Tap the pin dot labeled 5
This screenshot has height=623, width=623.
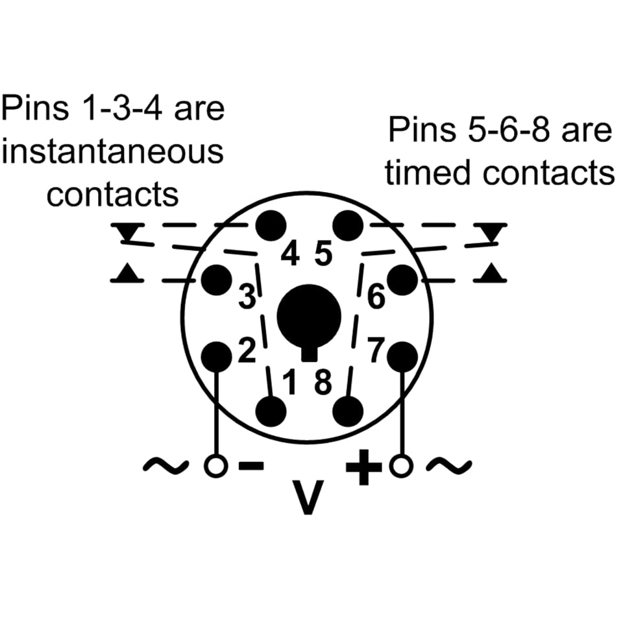(x=348, y=225)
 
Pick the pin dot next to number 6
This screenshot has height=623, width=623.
(x=404, y=280)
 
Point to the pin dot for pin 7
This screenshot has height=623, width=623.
(x=404, y=356)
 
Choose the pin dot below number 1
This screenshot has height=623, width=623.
(x=272, y=410)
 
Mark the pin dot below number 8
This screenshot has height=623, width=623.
(x=348, y=410)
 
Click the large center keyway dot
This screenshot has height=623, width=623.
(x=310, y=317)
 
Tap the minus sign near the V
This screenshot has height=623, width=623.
(x=252, y=465)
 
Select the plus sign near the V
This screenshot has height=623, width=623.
(x=363, y=465)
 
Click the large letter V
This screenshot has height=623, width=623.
(x=308, y=496)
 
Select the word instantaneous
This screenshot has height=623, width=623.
(x=113, y=151)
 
